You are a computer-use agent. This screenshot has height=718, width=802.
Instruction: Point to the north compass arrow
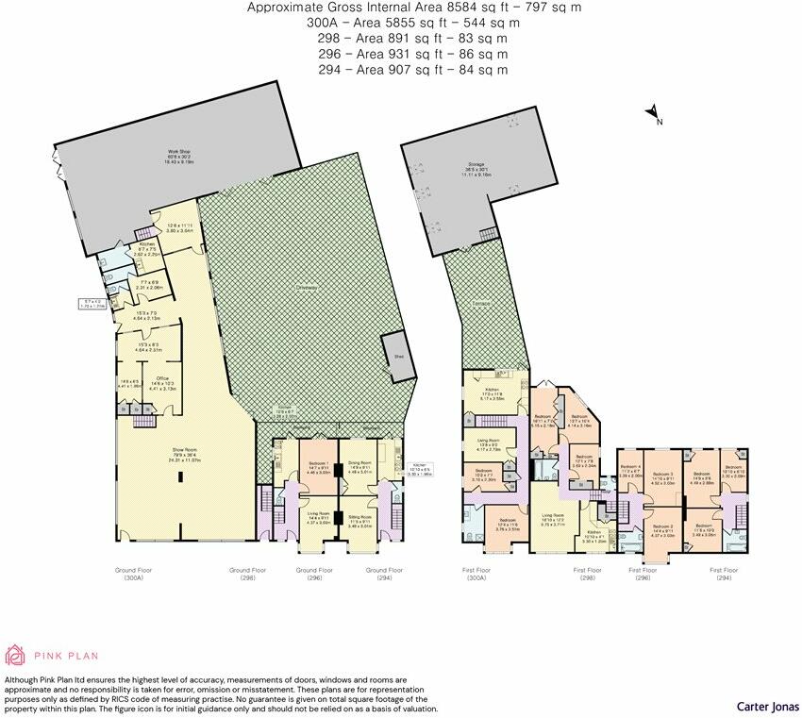pos(652,115)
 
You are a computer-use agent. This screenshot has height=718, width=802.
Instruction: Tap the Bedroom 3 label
pos(664,475)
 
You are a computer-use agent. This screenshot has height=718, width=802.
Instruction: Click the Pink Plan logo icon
pos(14,655)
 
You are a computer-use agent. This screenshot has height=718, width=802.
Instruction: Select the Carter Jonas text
pos(764,706)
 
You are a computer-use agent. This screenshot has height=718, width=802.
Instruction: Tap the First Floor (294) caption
pos(724,574)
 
